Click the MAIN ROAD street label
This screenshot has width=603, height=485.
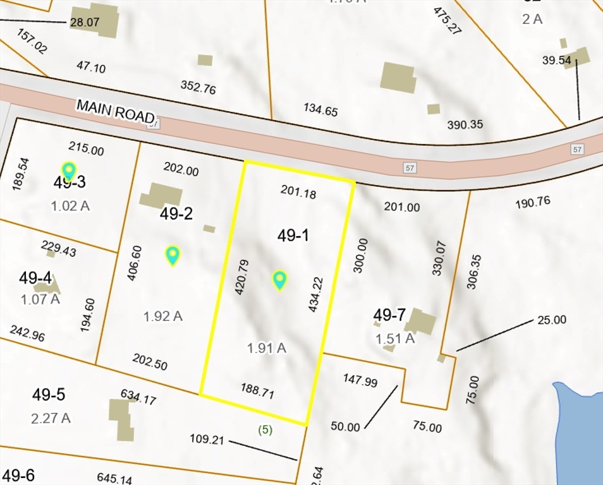115,111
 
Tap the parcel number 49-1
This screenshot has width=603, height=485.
294,236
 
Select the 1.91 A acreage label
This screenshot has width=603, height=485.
266,347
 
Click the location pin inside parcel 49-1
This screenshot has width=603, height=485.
279,279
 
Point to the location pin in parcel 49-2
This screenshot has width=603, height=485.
173,254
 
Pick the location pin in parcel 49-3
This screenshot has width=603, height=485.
68,170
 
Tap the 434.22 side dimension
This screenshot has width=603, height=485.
315,294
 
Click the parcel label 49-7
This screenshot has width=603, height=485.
389,314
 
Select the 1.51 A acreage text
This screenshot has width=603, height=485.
395,338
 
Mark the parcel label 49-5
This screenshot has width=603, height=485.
49,395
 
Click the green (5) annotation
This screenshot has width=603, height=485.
265,430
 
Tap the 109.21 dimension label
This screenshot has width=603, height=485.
207,439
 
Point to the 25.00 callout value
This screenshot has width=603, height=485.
552,320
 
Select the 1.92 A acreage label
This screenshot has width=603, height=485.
163,316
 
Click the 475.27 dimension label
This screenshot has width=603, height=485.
445,20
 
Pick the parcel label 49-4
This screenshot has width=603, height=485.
35,277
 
